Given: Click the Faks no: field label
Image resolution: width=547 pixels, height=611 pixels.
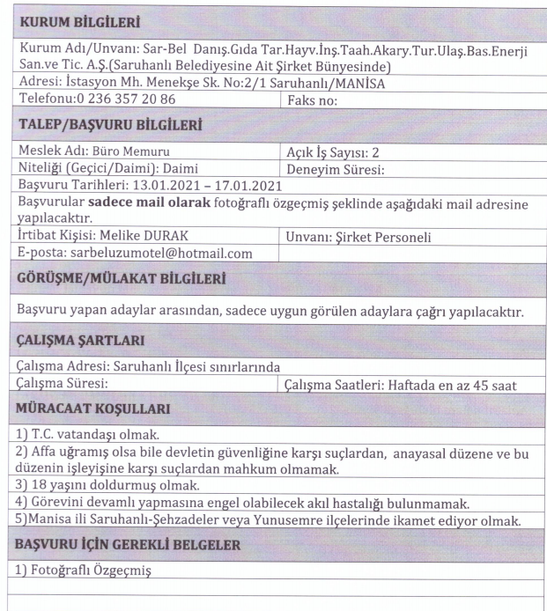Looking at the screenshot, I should tap(315, 101).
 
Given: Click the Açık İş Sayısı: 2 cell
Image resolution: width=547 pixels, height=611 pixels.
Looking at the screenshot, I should tap(332, 152).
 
